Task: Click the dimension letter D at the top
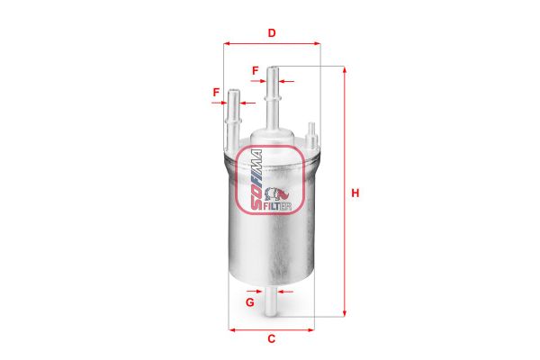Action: point(272,33)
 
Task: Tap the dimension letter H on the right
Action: point(355,193)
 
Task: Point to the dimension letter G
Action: point(250,302)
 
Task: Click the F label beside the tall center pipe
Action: point(256,70)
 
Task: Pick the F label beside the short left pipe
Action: point(216,93)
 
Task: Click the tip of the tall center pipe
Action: point(273,67)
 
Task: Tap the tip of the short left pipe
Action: point(234,91)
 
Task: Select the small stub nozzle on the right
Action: point(312,135)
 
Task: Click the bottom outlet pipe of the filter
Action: point(271,301)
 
